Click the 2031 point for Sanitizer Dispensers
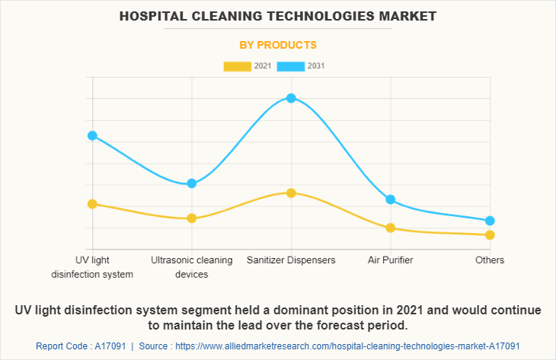291,98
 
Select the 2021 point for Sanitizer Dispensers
291,193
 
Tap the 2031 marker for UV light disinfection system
92,135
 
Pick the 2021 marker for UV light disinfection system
92,204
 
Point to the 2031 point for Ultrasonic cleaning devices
192,183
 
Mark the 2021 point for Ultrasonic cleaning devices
192,218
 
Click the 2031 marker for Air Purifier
391,199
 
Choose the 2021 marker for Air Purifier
391,228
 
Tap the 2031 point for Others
490,221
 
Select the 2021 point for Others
490,234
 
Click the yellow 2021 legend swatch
237,66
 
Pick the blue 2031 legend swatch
291,66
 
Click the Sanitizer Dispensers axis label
291,260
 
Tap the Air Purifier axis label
391,260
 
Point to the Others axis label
490,260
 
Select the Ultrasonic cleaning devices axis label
192,267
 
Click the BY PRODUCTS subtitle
278,45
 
